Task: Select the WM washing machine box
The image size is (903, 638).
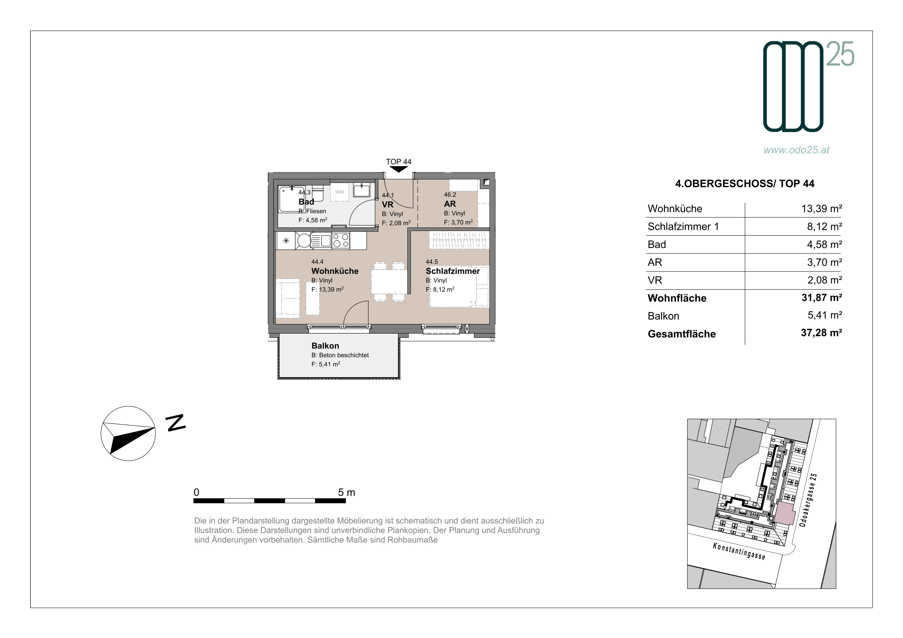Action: click(x=340, y=192)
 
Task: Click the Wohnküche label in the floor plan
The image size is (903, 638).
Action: click(x=335, y=271)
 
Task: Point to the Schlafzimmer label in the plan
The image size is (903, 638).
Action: click(x=453, y=271)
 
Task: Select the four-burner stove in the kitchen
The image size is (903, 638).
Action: click(x=341, y=241)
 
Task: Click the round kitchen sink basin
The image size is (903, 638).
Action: click(x=304, y=241)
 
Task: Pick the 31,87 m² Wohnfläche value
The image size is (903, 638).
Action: click(x=821, y=298)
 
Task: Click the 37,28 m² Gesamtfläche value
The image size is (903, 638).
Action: click(x=821, y=333)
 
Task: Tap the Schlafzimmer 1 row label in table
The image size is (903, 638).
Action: click(x=683, y=227)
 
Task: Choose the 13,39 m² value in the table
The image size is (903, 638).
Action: click(x=821, y=209)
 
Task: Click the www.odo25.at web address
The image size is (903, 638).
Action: click(x=796, y=150)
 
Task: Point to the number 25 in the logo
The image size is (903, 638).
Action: click(x=840, y=54)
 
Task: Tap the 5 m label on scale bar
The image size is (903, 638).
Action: click(x=346, y=493)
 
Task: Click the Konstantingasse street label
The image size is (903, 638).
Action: click(x=739, y=551)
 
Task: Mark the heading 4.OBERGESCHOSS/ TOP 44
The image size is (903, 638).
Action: click(x=745, y=184)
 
